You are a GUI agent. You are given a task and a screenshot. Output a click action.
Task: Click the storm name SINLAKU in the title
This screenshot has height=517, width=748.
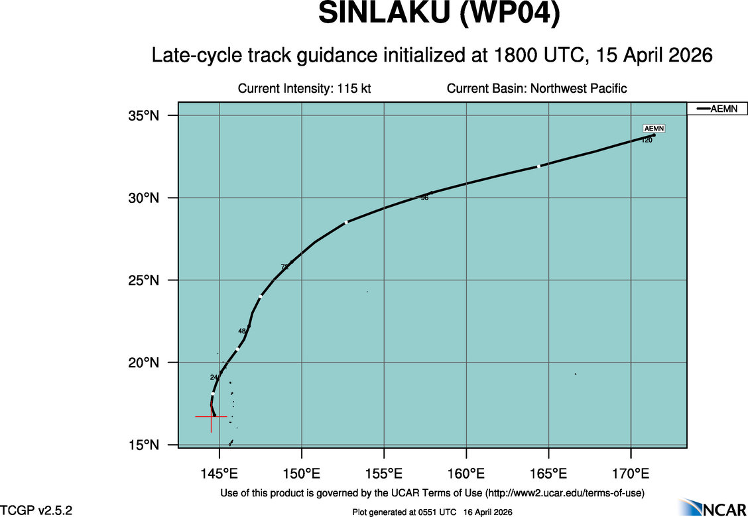click(383, 15)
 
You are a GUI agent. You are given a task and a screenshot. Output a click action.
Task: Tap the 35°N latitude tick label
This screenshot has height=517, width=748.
click(144, 116)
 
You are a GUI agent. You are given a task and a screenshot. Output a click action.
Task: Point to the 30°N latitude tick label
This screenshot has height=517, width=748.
click(144, 198)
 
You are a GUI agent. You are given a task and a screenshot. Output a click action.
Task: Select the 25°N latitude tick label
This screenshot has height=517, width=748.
click(144, 280)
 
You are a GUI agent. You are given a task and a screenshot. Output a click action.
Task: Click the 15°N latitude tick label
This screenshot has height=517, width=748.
click(144, 445)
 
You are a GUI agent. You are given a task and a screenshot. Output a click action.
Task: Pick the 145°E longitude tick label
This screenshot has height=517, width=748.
click(219, 474)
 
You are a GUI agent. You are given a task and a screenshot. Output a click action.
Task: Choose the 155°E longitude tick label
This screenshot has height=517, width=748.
click(384, 474)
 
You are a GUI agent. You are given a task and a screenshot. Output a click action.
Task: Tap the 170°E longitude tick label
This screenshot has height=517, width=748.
click(631, 474)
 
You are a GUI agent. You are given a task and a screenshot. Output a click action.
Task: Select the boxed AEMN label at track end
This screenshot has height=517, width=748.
click(654, 129)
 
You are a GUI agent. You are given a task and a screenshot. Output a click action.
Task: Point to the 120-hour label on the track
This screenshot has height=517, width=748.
click(647, 141)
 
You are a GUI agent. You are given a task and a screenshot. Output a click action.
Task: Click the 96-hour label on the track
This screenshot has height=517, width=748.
click(424, 198)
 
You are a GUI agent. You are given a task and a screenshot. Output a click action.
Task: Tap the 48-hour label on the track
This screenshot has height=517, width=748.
click(242, 331)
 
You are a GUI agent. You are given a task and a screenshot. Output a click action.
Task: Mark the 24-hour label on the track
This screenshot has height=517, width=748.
click(214, 377)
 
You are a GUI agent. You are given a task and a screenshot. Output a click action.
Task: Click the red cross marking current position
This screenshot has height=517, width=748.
click(211, 416)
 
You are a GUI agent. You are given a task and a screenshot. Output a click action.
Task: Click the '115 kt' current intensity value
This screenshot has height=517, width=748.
click(353, 89)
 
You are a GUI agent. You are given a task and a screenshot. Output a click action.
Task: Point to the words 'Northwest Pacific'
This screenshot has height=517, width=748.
click(576, 89)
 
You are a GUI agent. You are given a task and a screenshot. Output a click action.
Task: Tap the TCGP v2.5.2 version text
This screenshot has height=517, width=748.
click(36, 510)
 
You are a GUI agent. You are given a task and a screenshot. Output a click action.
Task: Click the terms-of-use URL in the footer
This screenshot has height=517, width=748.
click(564, 493)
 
